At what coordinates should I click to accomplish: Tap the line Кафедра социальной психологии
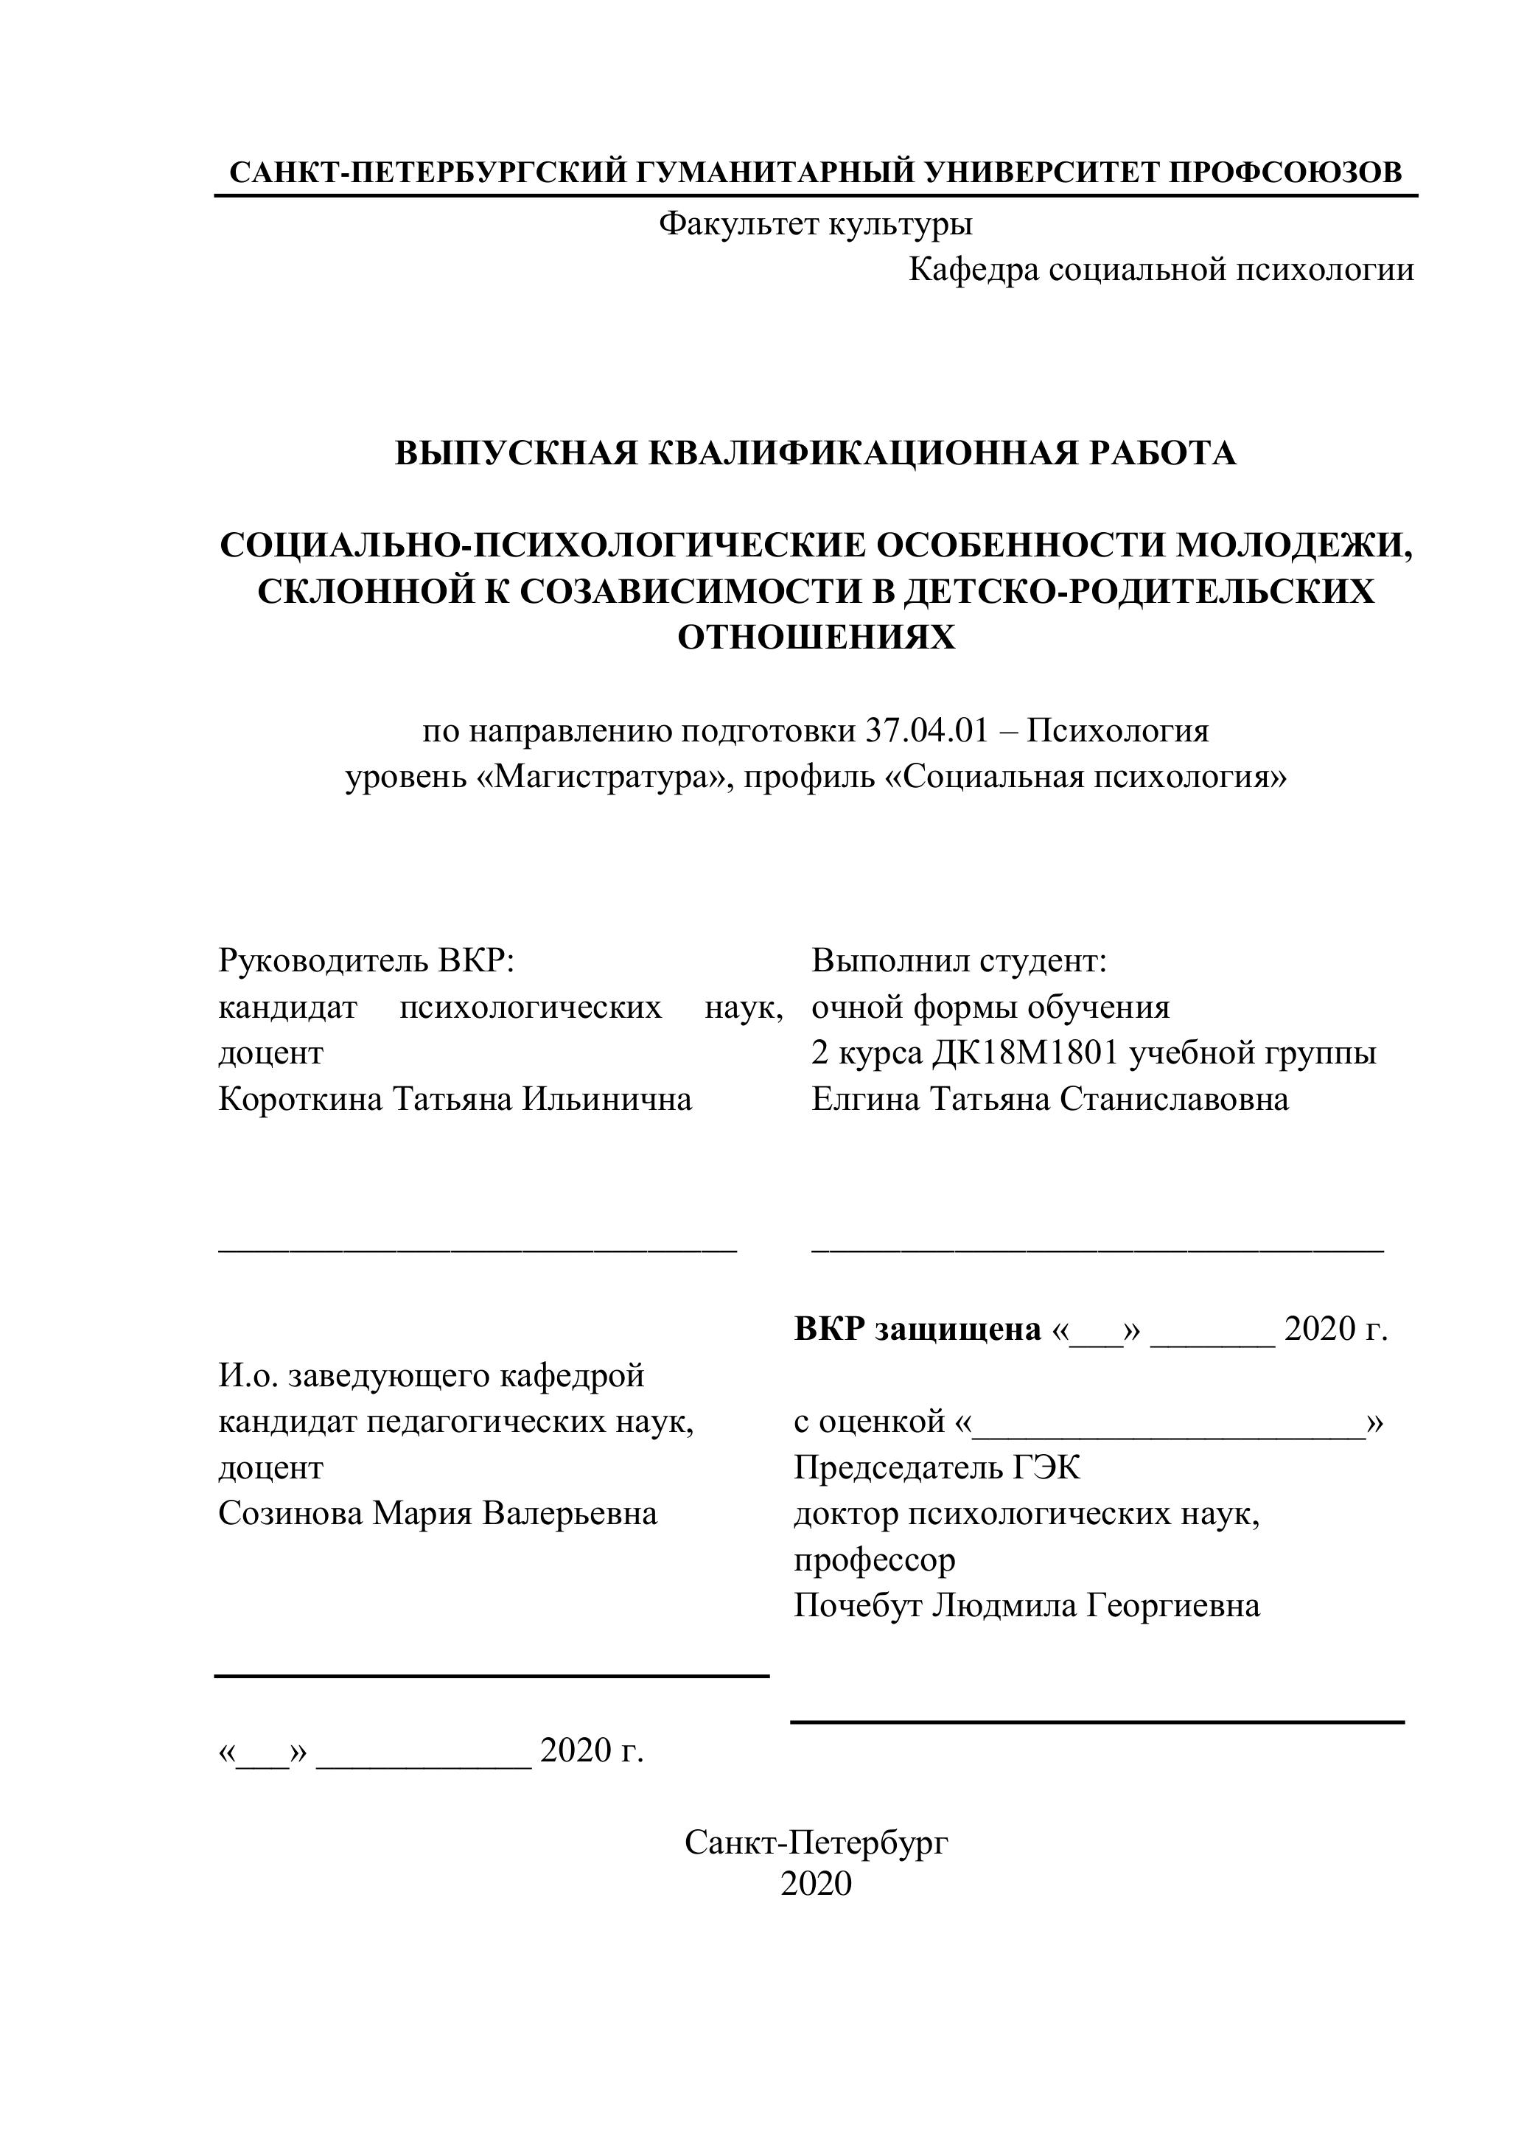click(1161, 270)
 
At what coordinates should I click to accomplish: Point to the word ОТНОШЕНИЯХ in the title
click(816, 638)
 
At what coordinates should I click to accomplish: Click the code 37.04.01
click(926, 731)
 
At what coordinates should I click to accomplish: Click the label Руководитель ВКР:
click(367, 960)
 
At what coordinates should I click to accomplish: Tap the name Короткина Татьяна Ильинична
click(455, 1098)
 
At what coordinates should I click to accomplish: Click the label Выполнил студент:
click(959, 960)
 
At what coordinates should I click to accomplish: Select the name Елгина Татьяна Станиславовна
click(1049, 1098)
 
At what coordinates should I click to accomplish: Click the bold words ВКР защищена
click(917, 1329)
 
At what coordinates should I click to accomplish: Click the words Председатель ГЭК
click(937, 1467)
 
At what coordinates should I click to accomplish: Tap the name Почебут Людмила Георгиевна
click(1027, 1605)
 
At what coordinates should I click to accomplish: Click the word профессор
click(874, 1559)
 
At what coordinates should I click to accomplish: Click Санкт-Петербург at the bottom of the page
click(816, 1843)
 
